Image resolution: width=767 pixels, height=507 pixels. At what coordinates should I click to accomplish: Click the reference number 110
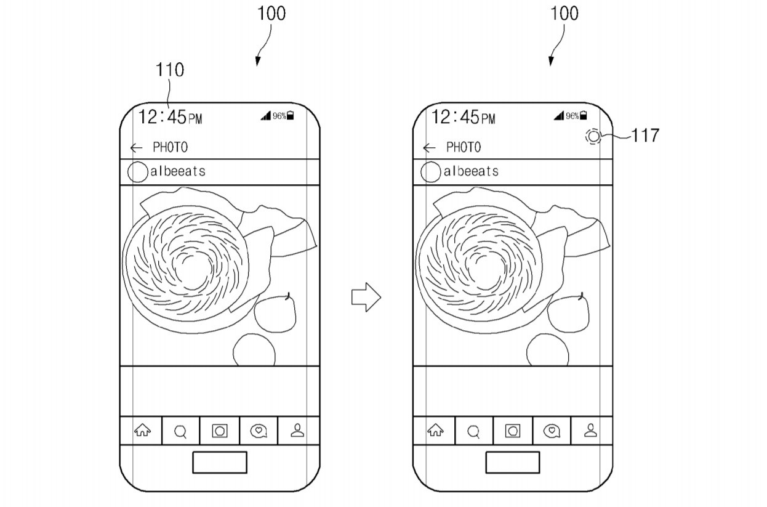pos(169,70)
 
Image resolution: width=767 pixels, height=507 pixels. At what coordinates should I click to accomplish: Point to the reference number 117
pos(645,136)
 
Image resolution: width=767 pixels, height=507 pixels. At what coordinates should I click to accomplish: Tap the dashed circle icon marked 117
pos(592,137)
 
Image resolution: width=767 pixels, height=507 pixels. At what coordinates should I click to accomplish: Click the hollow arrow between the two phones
pos(366,298)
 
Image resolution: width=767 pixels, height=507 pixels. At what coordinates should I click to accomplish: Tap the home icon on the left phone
pos(142,431)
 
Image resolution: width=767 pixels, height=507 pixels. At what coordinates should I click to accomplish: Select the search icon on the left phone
pos(180,432)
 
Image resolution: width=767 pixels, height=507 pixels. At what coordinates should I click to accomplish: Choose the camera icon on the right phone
pos(512,431)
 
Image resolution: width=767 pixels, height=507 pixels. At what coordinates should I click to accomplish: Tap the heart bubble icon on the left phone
pos(259,431)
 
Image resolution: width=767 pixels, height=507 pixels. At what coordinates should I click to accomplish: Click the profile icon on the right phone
pos(590,431)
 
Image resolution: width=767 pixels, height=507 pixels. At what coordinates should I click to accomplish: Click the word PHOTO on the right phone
pos(464,147)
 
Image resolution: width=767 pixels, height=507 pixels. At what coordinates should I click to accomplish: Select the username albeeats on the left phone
pos(177,171)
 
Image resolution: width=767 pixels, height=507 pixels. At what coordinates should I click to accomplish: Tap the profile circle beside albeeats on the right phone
pos(430,172)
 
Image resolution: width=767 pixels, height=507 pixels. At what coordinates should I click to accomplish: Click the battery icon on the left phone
pos(291,115)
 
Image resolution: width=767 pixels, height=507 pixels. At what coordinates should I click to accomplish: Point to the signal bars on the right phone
pos(558,115)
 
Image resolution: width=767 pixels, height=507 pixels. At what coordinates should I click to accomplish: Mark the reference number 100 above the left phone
pos(271,14)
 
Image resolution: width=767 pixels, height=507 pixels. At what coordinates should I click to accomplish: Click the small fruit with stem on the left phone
pos(276,312)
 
